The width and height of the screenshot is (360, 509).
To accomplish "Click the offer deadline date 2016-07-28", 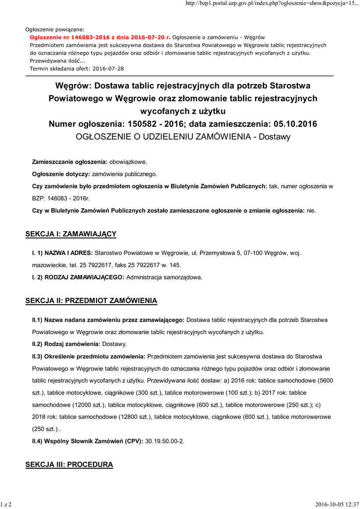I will [107, 68].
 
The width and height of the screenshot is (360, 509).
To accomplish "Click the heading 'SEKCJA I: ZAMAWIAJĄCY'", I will [71, 234].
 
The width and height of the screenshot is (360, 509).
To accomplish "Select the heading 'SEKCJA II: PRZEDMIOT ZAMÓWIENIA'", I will [91, 301].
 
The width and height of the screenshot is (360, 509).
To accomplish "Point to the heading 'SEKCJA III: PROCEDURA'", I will [69, 465].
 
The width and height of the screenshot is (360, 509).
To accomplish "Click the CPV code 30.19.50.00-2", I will [165, 441].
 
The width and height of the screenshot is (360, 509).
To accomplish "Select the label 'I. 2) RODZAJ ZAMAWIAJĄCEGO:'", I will [78, 277].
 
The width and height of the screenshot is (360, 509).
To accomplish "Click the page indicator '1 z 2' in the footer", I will [6, 505].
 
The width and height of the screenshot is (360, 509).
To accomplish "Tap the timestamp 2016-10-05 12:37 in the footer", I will [337, 505].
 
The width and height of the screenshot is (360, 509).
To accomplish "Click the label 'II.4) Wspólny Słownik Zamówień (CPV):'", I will [88, 441].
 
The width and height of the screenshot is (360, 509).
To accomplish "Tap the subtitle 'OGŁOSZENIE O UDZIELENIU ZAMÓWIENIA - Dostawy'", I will [183, 136].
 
